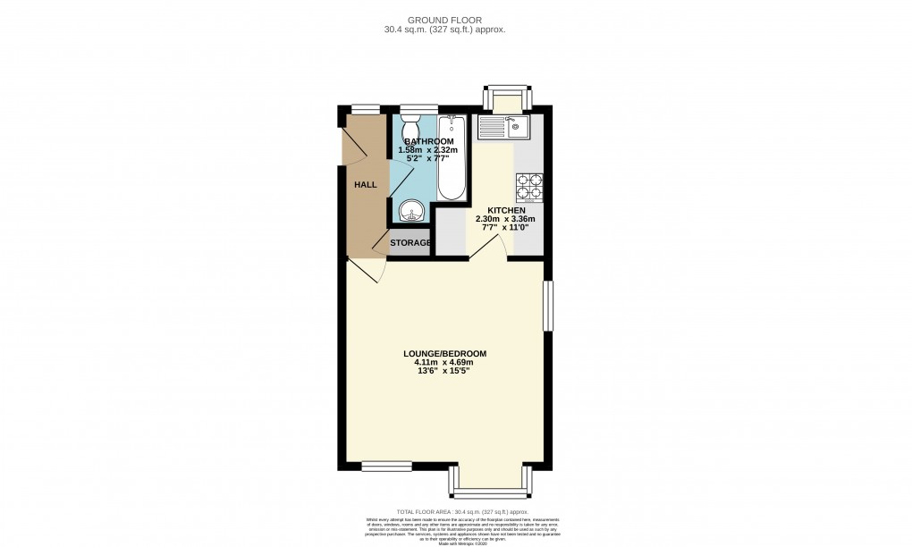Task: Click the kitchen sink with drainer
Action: coord(505,128)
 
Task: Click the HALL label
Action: coord(366,185)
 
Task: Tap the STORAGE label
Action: coord(410,242)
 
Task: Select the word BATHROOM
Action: coord(428,141)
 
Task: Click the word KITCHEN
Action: coord(505,210)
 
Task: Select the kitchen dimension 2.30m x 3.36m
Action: coord(505,219)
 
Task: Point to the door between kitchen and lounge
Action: coord(488,250)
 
